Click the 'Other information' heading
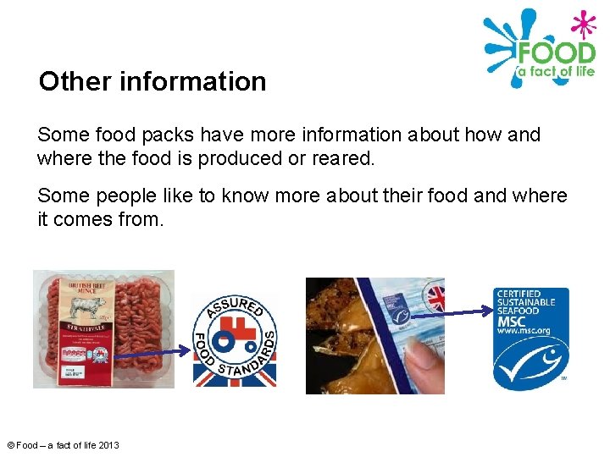152,82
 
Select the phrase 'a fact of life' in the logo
555,72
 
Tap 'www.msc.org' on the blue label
524,332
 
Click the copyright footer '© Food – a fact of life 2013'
63,445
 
